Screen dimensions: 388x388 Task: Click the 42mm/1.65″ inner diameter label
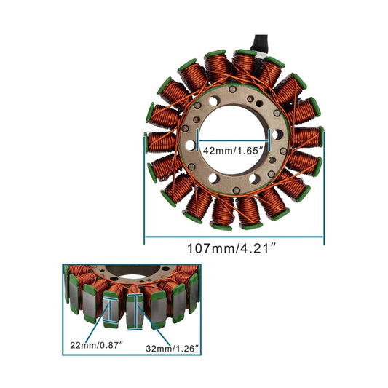coord(230,151)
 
